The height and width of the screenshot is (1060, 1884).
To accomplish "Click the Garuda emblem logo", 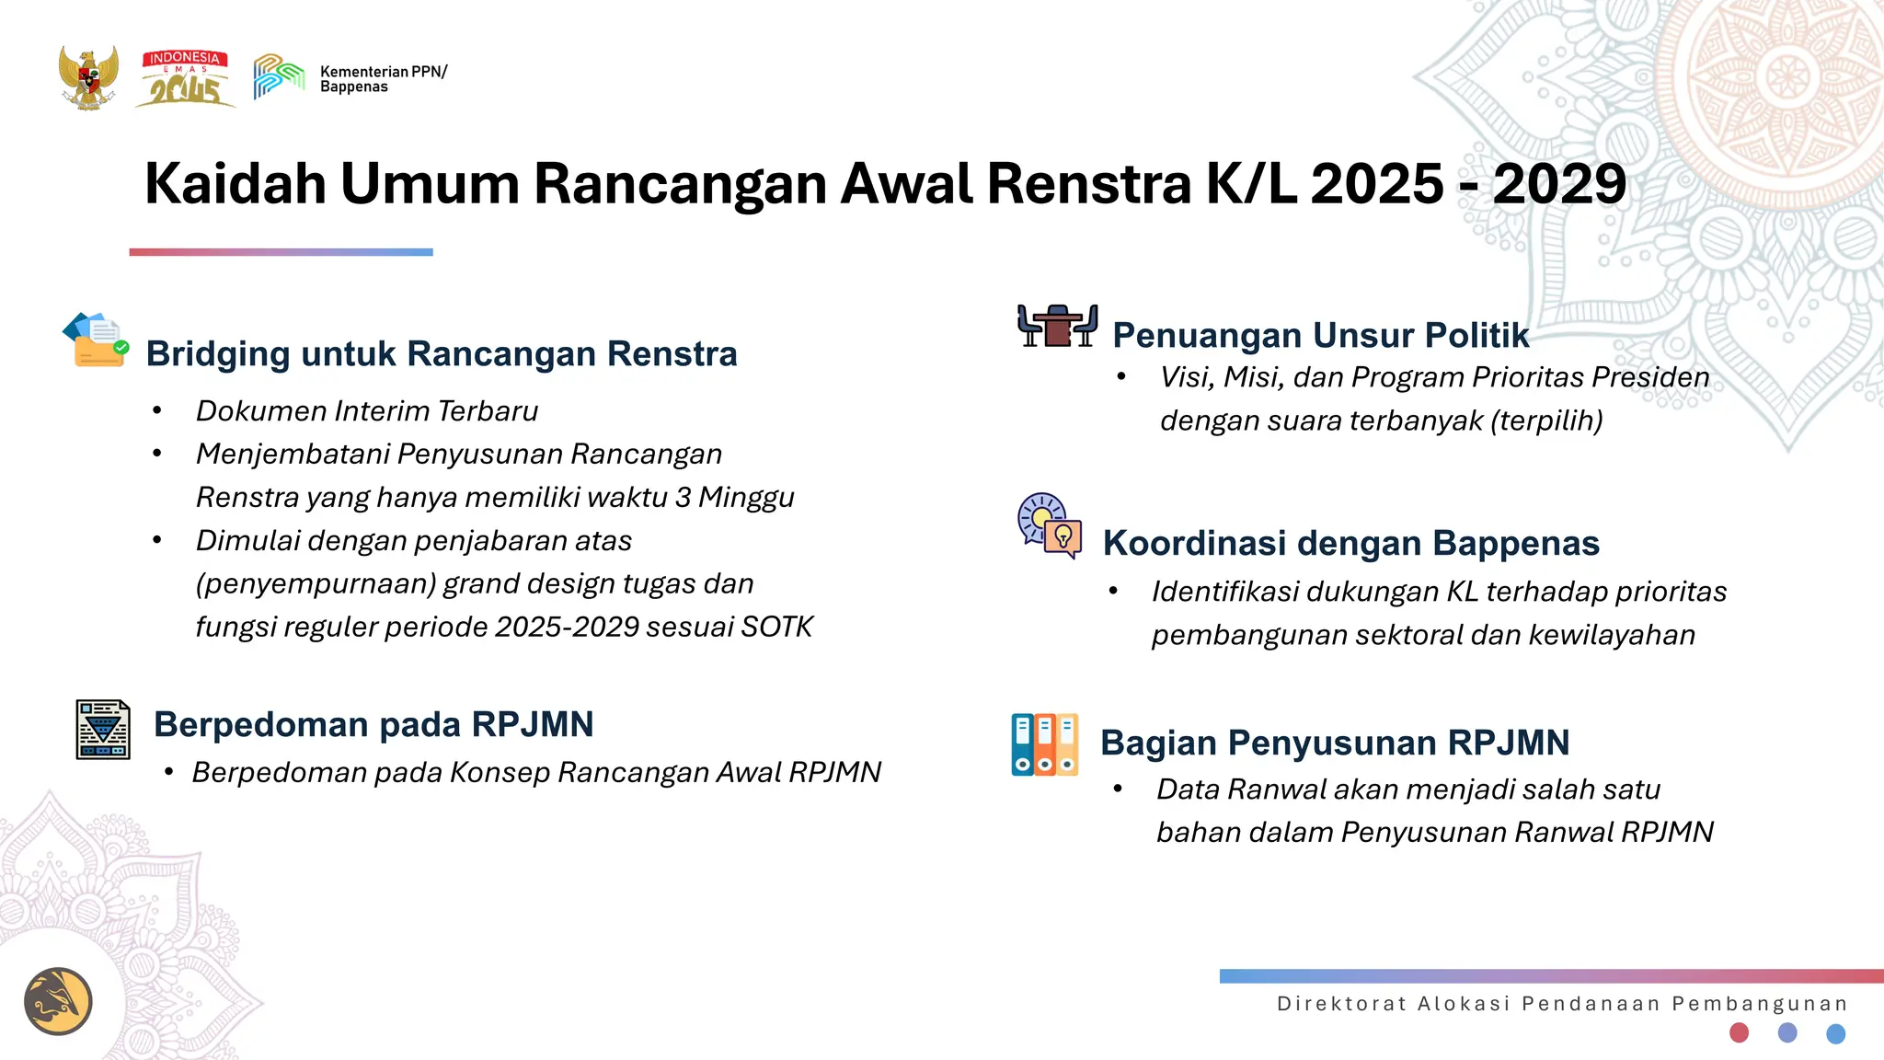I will click(88, 78).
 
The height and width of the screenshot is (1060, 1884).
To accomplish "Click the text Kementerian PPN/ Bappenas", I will click(383, 79).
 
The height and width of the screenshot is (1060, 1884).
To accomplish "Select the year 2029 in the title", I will click(1559, 184).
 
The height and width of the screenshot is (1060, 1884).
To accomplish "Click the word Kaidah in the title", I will click(235, 184).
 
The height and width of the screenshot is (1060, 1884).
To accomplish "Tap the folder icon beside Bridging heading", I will click(96, 340).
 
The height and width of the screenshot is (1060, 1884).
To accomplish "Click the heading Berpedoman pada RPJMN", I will click(373, 724).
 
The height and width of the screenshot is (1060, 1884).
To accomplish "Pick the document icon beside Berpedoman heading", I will click(103, 730).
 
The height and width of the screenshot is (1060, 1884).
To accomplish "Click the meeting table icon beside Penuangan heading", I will click(1057, 326).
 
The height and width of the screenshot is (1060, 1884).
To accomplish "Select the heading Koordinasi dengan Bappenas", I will click(1350, 543).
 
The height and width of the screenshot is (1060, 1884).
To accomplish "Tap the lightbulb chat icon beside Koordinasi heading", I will click(1050, 525).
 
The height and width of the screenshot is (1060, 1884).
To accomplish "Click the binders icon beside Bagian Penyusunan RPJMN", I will click(1044, 744).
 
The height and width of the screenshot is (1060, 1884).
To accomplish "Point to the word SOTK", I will click(777, 627).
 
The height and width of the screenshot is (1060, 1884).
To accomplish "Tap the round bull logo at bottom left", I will click(58, 1001).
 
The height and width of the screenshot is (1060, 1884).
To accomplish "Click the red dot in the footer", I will click(1739, 1032).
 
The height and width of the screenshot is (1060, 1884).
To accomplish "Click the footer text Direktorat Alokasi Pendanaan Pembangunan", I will click(1562, 1004).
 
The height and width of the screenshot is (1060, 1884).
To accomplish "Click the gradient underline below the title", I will click(281, 252).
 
